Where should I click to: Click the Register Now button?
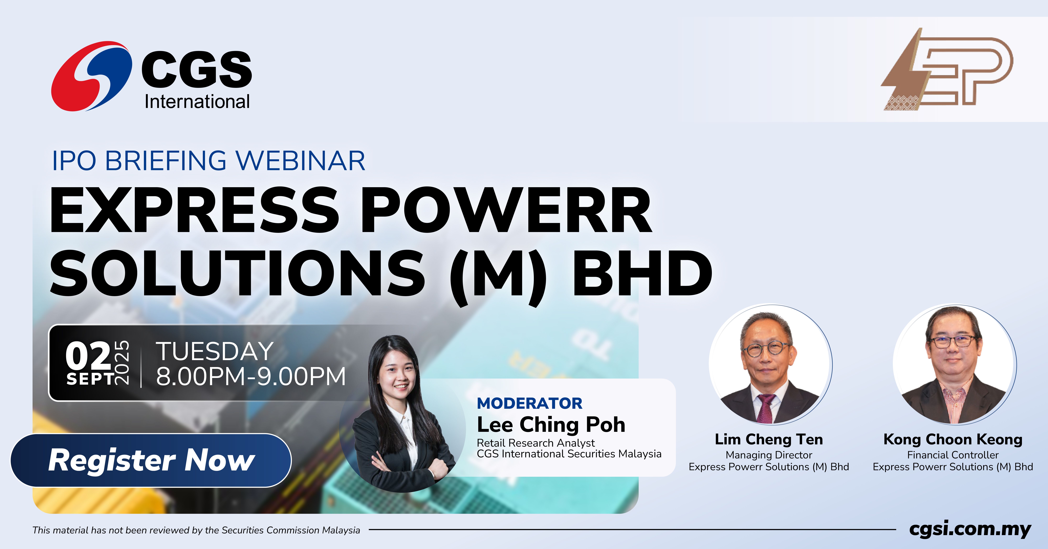(151, 460)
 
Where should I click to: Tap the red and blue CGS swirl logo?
(92, 76)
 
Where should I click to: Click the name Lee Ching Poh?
(551, 425)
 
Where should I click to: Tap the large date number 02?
(88, 355)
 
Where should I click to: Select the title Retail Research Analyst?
(535, 443)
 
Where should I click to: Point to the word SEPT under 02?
(90, 379)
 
